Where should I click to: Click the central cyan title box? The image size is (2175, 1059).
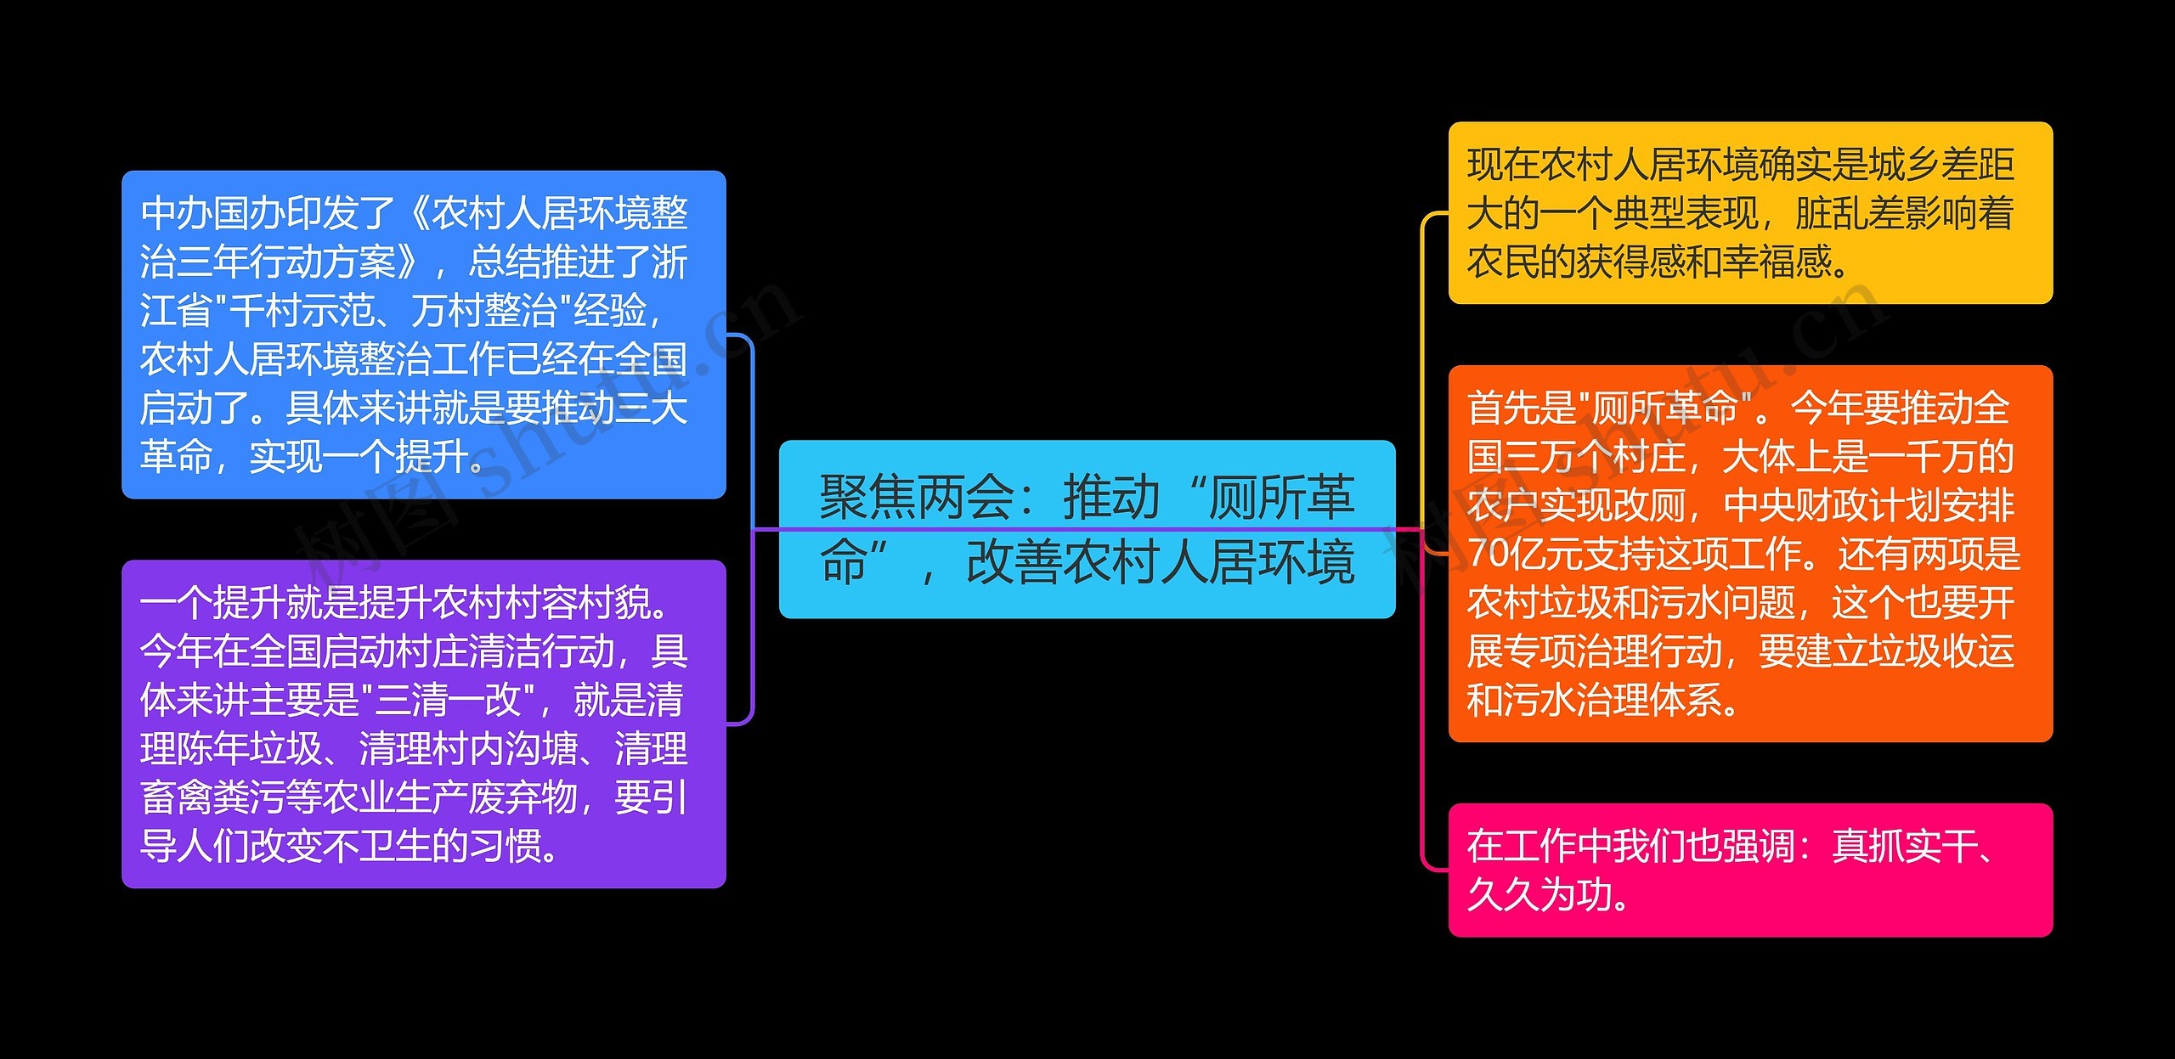click(x=1087, y=528)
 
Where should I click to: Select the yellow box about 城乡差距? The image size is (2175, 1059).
click(x=1749, y=212)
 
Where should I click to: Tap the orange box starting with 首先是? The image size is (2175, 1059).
click(x=1749, y=553)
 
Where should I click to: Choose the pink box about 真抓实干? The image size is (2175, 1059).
click(x=1749, y=870)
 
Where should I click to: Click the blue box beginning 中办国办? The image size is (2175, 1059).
click(x=423, y=334)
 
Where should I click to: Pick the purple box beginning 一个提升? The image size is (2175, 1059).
click(x=423, y=724)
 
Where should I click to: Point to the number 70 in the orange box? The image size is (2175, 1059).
click(x=1487, y=554)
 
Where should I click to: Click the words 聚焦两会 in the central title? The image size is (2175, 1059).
click(x=916, y=498)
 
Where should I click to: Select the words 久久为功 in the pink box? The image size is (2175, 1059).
click(x=1538, y=895)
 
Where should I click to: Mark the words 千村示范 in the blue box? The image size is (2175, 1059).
click(x=302, y=311)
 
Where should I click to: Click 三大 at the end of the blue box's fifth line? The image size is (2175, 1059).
click(x=650, y=408)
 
